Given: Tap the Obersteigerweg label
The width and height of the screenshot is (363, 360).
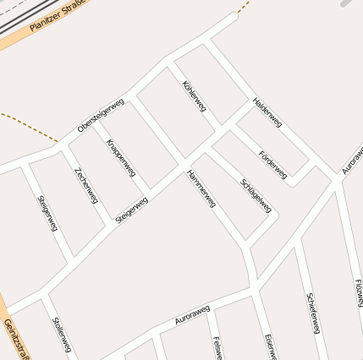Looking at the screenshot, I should [101, 116].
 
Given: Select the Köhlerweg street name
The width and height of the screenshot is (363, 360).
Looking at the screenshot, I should [194, 97].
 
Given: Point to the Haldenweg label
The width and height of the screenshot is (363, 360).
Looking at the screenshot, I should [267, 112].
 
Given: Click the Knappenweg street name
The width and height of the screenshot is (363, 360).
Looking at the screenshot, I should [121, 156].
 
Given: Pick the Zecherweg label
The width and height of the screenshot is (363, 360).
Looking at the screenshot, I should [86, 184].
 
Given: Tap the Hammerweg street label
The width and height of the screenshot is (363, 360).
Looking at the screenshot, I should [201, 188].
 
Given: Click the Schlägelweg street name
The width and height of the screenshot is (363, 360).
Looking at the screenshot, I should [256, 195].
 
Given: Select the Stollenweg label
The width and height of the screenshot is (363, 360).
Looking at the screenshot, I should [62, 335].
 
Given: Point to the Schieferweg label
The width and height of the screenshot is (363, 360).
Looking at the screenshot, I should [313, 313].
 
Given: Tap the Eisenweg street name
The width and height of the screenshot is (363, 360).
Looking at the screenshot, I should [270, 346].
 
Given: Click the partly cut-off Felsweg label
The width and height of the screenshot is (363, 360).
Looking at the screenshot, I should [218, 347].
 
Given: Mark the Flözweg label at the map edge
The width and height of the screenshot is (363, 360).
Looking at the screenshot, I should [359, 293].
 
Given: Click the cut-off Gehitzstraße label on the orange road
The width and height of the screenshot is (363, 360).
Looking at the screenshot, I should [14, 340].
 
